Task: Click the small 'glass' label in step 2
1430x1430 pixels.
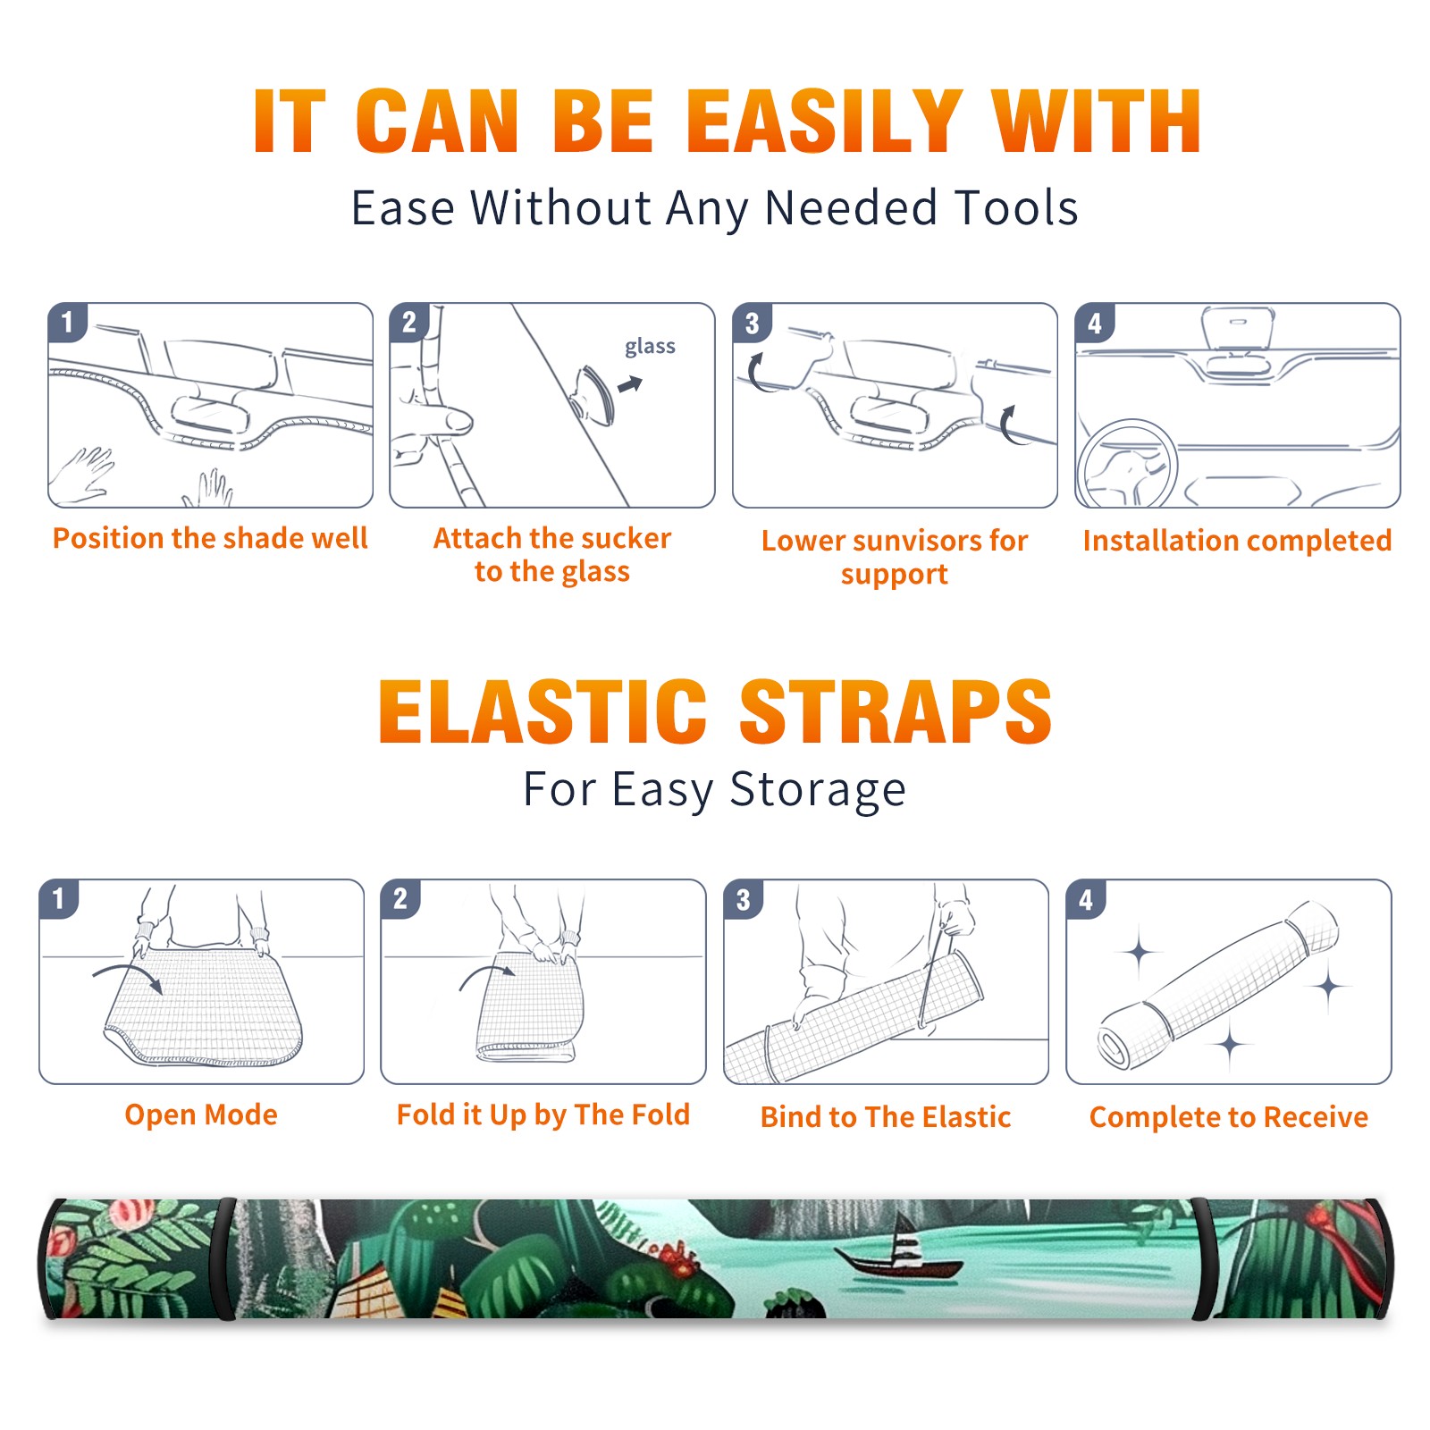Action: coord(650,347)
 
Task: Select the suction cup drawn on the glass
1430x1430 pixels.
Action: coord(594,394)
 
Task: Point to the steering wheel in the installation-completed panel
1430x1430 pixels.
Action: coord(1126,464)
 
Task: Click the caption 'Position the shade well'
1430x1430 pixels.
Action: coord(210,538)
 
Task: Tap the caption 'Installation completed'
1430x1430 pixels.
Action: coord(1237,541)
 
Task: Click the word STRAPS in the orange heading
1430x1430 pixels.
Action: coord(896,711)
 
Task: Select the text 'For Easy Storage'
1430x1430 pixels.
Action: coord(715,790)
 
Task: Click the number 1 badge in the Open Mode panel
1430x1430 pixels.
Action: coord(59,898)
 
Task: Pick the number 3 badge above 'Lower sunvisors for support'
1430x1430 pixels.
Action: coord(753,323)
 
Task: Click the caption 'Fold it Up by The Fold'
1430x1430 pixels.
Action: coord(543,1115)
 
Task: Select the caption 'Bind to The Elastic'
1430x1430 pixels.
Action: coord(886,1117)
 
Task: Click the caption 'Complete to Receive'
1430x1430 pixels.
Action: coord(1229,1117)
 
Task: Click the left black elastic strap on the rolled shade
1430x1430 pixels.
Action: coord(223,1258)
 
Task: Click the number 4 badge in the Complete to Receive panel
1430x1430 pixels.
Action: coord(1086,899)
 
